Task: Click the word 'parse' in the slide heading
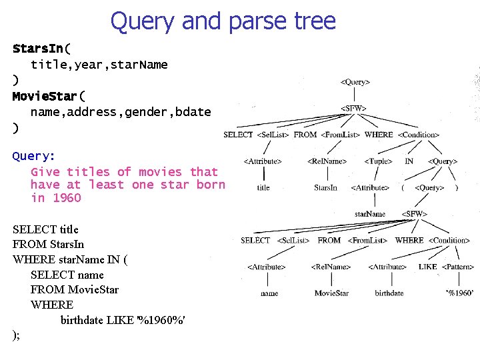250,21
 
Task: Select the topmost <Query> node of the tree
355,82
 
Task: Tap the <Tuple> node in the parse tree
378,161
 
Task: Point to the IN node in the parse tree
409,161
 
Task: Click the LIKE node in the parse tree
427,267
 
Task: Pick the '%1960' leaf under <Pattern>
459,293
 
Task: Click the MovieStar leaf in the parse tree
331,293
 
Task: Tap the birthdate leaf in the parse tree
389,293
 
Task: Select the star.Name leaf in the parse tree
370,214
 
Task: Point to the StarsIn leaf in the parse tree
325,188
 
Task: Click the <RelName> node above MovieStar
331,267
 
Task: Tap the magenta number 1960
66,198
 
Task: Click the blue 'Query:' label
34,156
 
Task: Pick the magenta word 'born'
211,185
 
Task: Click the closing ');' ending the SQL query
16,335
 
